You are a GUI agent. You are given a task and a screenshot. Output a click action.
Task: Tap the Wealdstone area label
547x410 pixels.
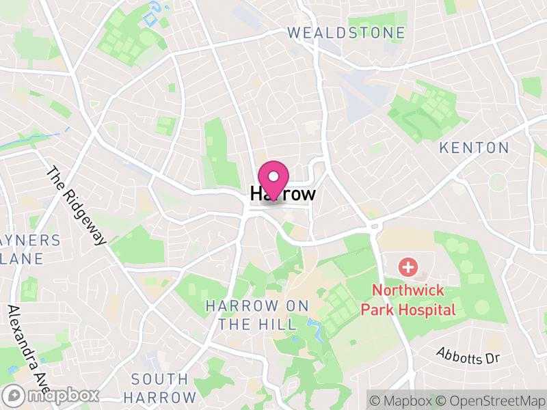coord(346,33)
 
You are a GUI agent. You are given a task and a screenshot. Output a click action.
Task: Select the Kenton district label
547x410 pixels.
coord(474,148)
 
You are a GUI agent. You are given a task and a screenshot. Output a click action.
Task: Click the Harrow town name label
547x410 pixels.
coord(283,194)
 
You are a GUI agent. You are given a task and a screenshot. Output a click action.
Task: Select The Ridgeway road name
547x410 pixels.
coord(77,206)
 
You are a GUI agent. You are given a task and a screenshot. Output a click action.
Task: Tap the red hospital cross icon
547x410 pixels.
coord(408,266)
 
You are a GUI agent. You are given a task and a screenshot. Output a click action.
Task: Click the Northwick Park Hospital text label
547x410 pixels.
coord(408,300)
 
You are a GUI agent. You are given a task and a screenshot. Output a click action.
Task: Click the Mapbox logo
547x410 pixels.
coord(51,396)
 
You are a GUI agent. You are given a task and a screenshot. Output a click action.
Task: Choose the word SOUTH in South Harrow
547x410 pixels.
coord(160,379)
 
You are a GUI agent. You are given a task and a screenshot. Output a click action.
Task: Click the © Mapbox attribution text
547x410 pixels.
coord(401,400)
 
